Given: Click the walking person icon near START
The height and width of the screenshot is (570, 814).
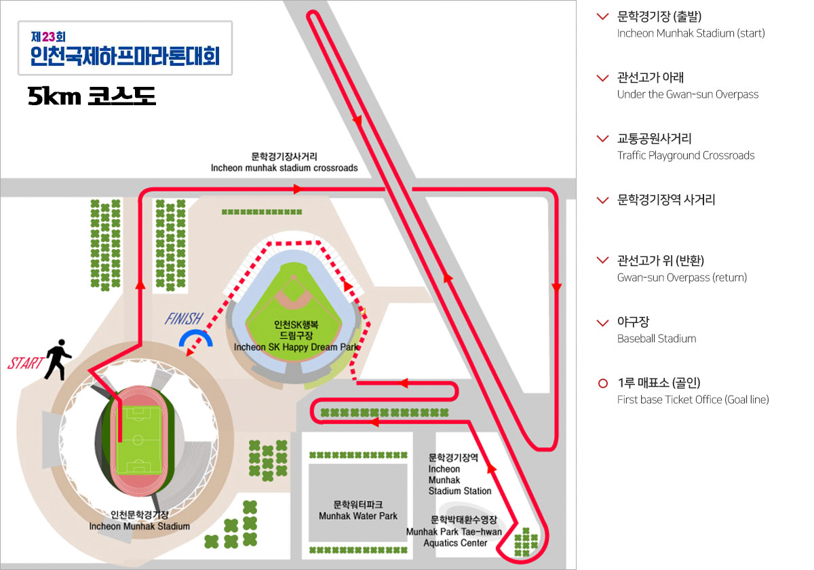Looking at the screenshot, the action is [x=57, y=360].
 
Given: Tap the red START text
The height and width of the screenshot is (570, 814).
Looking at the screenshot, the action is [x=25, y=363].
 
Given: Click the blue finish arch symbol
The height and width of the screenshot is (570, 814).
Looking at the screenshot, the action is [x=195, y=339].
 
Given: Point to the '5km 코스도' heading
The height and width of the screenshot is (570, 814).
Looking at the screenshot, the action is [x=92, y=97].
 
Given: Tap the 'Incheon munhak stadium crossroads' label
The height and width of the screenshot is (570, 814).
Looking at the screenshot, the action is [x=284, y=168].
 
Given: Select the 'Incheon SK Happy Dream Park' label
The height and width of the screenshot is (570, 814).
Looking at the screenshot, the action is [x=296, y=347].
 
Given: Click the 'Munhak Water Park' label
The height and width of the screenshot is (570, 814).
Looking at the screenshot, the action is [x=358, y=516].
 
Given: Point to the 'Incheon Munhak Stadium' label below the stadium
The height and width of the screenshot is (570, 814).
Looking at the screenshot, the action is [x=140, y=526].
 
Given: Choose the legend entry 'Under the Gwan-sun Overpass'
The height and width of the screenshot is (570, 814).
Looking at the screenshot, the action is [x=687, y=94].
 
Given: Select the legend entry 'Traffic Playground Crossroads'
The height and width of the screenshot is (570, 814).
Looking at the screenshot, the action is [x=685, y=155].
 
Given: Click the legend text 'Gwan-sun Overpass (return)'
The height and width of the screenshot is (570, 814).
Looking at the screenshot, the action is [x=682, y=278].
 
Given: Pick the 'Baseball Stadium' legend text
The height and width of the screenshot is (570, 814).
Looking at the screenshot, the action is [x=656, y=339].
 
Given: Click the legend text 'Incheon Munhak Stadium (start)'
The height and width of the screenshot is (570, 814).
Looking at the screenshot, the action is [x=691, y=33].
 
